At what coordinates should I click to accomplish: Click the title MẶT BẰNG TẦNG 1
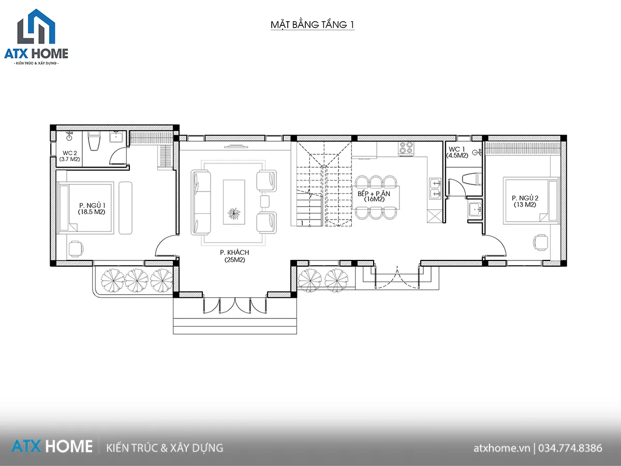click(x=313, y=25)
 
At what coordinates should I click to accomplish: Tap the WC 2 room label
click(x=69, y=156)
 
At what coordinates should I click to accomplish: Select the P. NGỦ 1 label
click(x=92, y=209)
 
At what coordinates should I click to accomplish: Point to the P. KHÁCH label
click(x=234, y=256)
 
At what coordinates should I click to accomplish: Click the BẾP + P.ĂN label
click(x=374, y=196)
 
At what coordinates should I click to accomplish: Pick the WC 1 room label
click(x=457, y=152)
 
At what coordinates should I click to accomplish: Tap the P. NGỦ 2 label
click(x=525, y=201)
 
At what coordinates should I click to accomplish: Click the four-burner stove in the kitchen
click(x=406, y=149)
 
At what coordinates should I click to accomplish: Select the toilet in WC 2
click(x=94, y=141)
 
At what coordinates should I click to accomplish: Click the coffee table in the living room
click(x=234, y=202)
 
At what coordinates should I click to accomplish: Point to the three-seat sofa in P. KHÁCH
click(x=201, y=202)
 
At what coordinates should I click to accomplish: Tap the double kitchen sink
click(x=435, y=188)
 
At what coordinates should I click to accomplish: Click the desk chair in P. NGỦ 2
click(x=540, y=242)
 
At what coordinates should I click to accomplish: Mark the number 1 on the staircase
click(x=302, y=223)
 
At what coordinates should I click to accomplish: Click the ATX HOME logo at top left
click(x=36, y=37)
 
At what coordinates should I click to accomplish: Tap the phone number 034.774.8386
click(x=570, y=448)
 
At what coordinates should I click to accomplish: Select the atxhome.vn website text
click(x=501, y=448)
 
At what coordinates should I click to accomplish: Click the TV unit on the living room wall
click(x=236, y=147)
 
